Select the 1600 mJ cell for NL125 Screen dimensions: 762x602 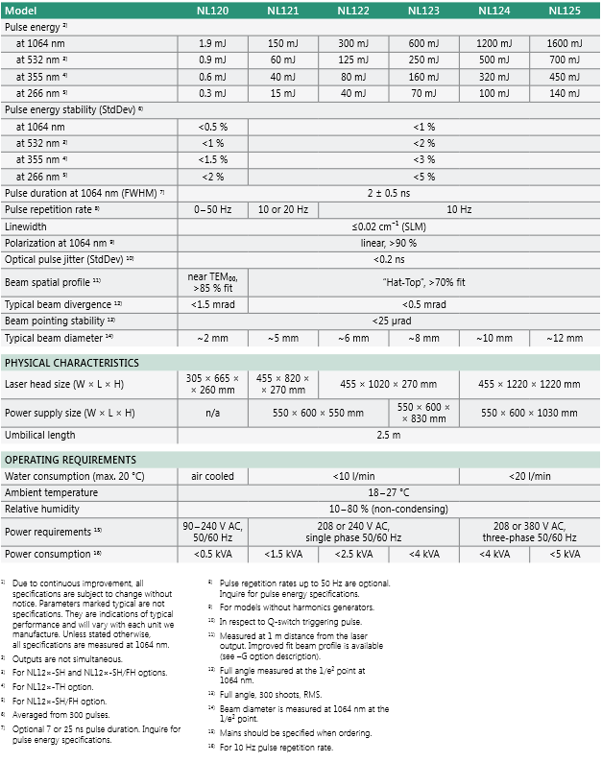pyautogui.click(x=564, y=44)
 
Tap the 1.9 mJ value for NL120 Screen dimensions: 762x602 pyautogui.click(x=211, y=44)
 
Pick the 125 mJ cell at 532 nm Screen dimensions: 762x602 pyautogui.click(x=352, y=60)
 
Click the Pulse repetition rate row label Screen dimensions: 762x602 pyautogui.click(x=52, y=209)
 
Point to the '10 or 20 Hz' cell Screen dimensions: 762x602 pyautogui.click(x=282, y=209)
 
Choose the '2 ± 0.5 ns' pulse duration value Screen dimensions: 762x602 pyautogui.click(x=388, y=193)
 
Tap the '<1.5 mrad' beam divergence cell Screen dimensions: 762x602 pyautogui.click(x=211, y=304)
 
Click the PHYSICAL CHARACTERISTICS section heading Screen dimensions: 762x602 pyautogui.click(x=72, y=363)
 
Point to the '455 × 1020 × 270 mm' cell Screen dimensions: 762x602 pyautogui.click(x=388, y=384)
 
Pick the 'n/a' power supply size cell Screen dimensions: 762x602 pyautogui.click(x=211, y=413)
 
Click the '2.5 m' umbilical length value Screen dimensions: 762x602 pyautogui.click(x=388, y=436)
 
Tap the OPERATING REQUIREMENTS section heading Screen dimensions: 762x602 pyautogui.click(x=71, y=460)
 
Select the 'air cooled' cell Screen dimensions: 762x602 pyautogui.click(x=211, y=476)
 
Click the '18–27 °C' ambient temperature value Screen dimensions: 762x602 pyautogui.click(x=388, y=492)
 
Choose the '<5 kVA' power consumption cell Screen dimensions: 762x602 pyautogui.click(x=564, y=555)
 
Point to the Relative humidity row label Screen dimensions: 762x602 pyautogui.click(x=42, y=509)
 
